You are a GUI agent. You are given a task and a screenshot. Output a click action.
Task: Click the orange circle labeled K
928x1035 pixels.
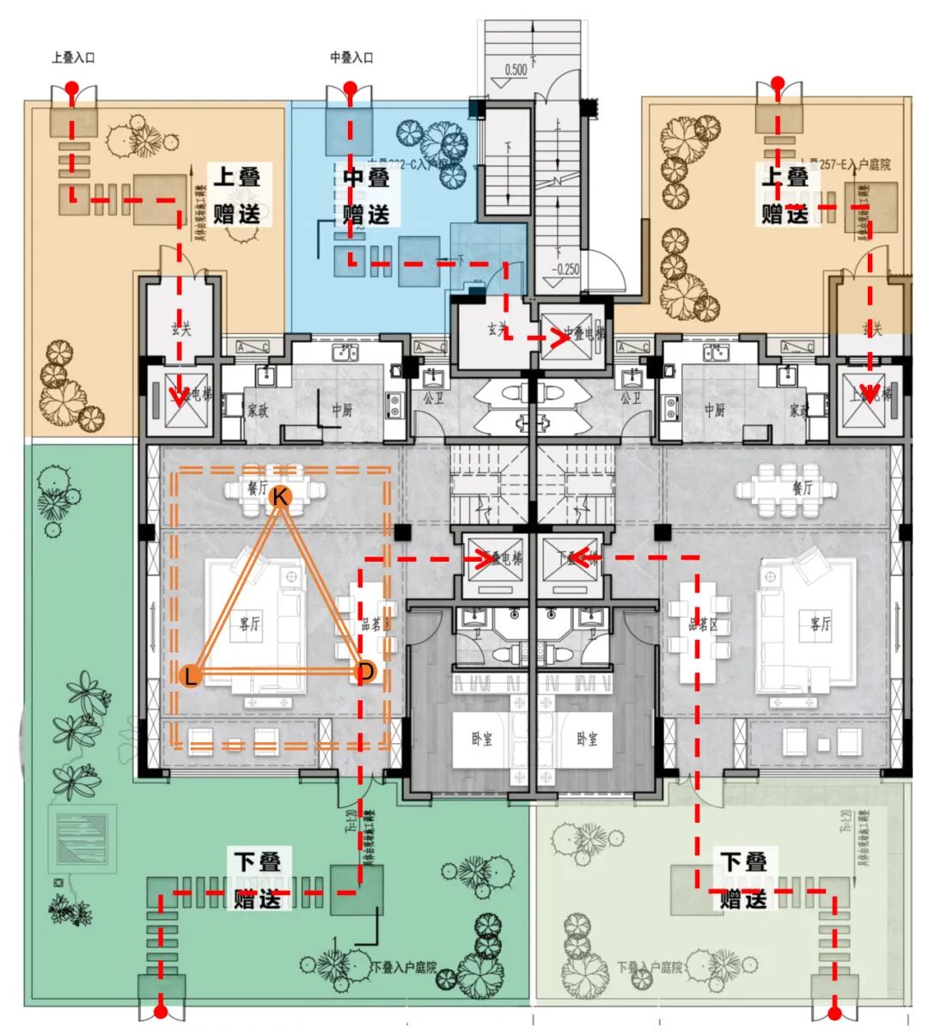[280, 496]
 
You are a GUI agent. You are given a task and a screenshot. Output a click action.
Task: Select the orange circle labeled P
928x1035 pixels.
[365, 672]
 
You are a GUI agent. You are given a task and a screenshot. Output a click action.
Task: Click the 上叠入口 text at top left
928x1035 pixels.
[73, 58]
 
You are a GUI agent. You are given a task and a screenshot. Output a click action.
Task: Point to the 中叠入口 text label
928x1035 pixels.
[351, 58]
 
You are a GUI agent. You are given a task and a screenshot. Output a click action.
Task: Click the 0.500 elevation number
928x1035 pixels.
[516, 70]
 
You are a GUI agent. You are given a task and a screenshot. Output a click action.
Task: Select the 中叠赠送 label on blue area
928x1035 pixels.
[366, 196]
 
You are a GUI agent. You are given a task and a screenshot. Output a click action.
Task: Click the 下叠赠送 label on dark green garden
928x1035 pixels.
[257, 880]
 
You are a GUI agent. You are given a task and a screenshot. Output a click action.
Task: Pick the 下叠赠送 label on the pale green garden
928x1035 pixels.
[742, 880]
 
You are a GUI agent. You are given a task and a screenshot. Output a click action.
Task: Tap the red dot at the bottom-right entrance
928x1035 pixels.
[834, 1014]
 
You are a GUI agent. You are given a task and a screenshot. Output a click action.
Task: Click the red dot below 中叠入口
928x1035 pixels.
[350, 88]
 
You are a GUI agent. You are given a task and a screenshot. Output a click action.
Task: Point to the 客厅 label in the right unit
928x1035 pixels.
[821, 624]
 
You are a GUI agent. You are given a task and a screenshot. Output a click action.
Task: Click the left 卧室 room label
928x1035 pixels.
[482, 739]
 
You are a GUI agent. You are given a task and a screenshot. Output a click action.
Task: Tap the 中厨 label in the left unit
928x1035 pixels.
[342, 411]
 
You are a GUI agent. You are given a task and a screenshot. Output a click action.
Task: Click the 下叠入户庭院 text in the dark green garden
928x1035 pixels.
[405, 968]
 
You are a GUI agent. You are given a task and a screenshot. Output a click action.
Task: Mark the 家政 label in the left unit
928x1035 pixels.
[258, 411]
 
